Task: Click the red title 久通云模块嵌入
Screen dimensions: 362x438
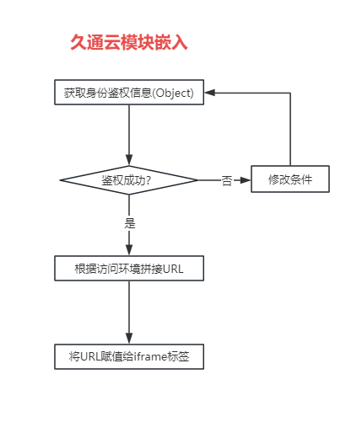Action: click(129, 43)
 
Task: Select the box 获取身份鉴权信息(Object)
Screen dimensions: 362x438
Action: click(129, 93)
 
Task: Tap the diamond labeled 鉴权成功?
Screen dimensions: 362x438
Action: click(129, 180)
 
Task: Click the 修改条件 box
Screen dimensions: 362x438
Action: click(290, 179)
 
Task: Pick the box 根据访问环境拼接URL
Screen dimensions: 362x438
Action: click(129, 269)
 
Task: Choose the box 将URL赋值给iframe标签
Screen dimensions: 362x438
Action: click(129, 356)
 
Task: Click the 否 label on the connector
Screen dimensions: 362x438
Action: click(227, 180)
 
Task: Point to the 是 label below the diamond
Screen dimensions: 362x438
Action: click(130, 223)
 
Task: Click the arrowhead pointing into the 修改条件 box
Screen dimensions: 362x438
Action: click(246, 180)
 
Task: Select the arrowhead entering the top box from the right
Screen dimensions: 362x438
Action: click(210, 93)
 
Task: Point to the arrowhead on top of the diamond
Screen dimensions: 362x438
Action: click(129, 160)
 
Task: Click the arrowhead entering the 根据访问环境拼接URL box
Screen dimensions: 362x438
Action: click(129, 250)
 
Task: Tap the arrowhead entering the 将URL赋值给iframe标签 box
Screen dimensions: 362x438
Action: click(129, 339)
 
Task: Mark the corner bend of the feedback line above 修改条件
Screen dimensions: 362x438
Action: click(290, 93)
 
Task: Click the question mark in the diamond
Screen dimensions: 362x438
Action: click(149, 180)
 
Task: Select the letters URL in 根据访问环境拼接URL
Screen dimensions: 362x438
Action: click(173, 269)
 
